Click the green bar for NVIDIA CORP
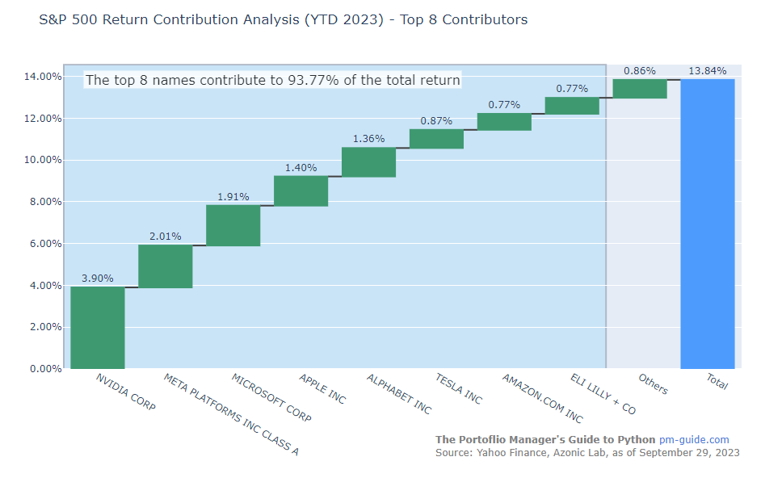(x=98, y=327)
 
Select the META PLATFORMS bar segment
(x=166, y=266)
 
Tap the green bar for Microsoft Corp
(x=233, y=225)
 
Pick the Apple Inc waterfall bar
(x=301, y=191)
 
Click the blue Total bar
(x=708, y=224)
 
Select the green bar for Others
(x=640, y=88)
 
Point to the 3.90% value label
(x=98, y=278)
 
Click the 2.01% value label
(x=166, y=236)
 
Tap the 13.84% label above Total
(x=708, y=70)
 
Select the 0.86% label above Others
(x=640, y=70)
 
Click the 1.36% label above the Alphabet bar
(x=369, y=138)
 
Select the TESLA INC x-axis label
(x=458, y=388)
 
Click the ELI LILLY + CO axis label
(x=603, y=394)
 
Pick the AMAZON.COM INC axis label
(x=541, y=398)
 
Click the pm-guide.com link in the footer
(x=694, y=439)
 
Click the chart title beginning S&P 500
(x=283, y=19)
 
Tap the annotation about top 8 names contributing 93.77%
(x=273, y=80)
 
